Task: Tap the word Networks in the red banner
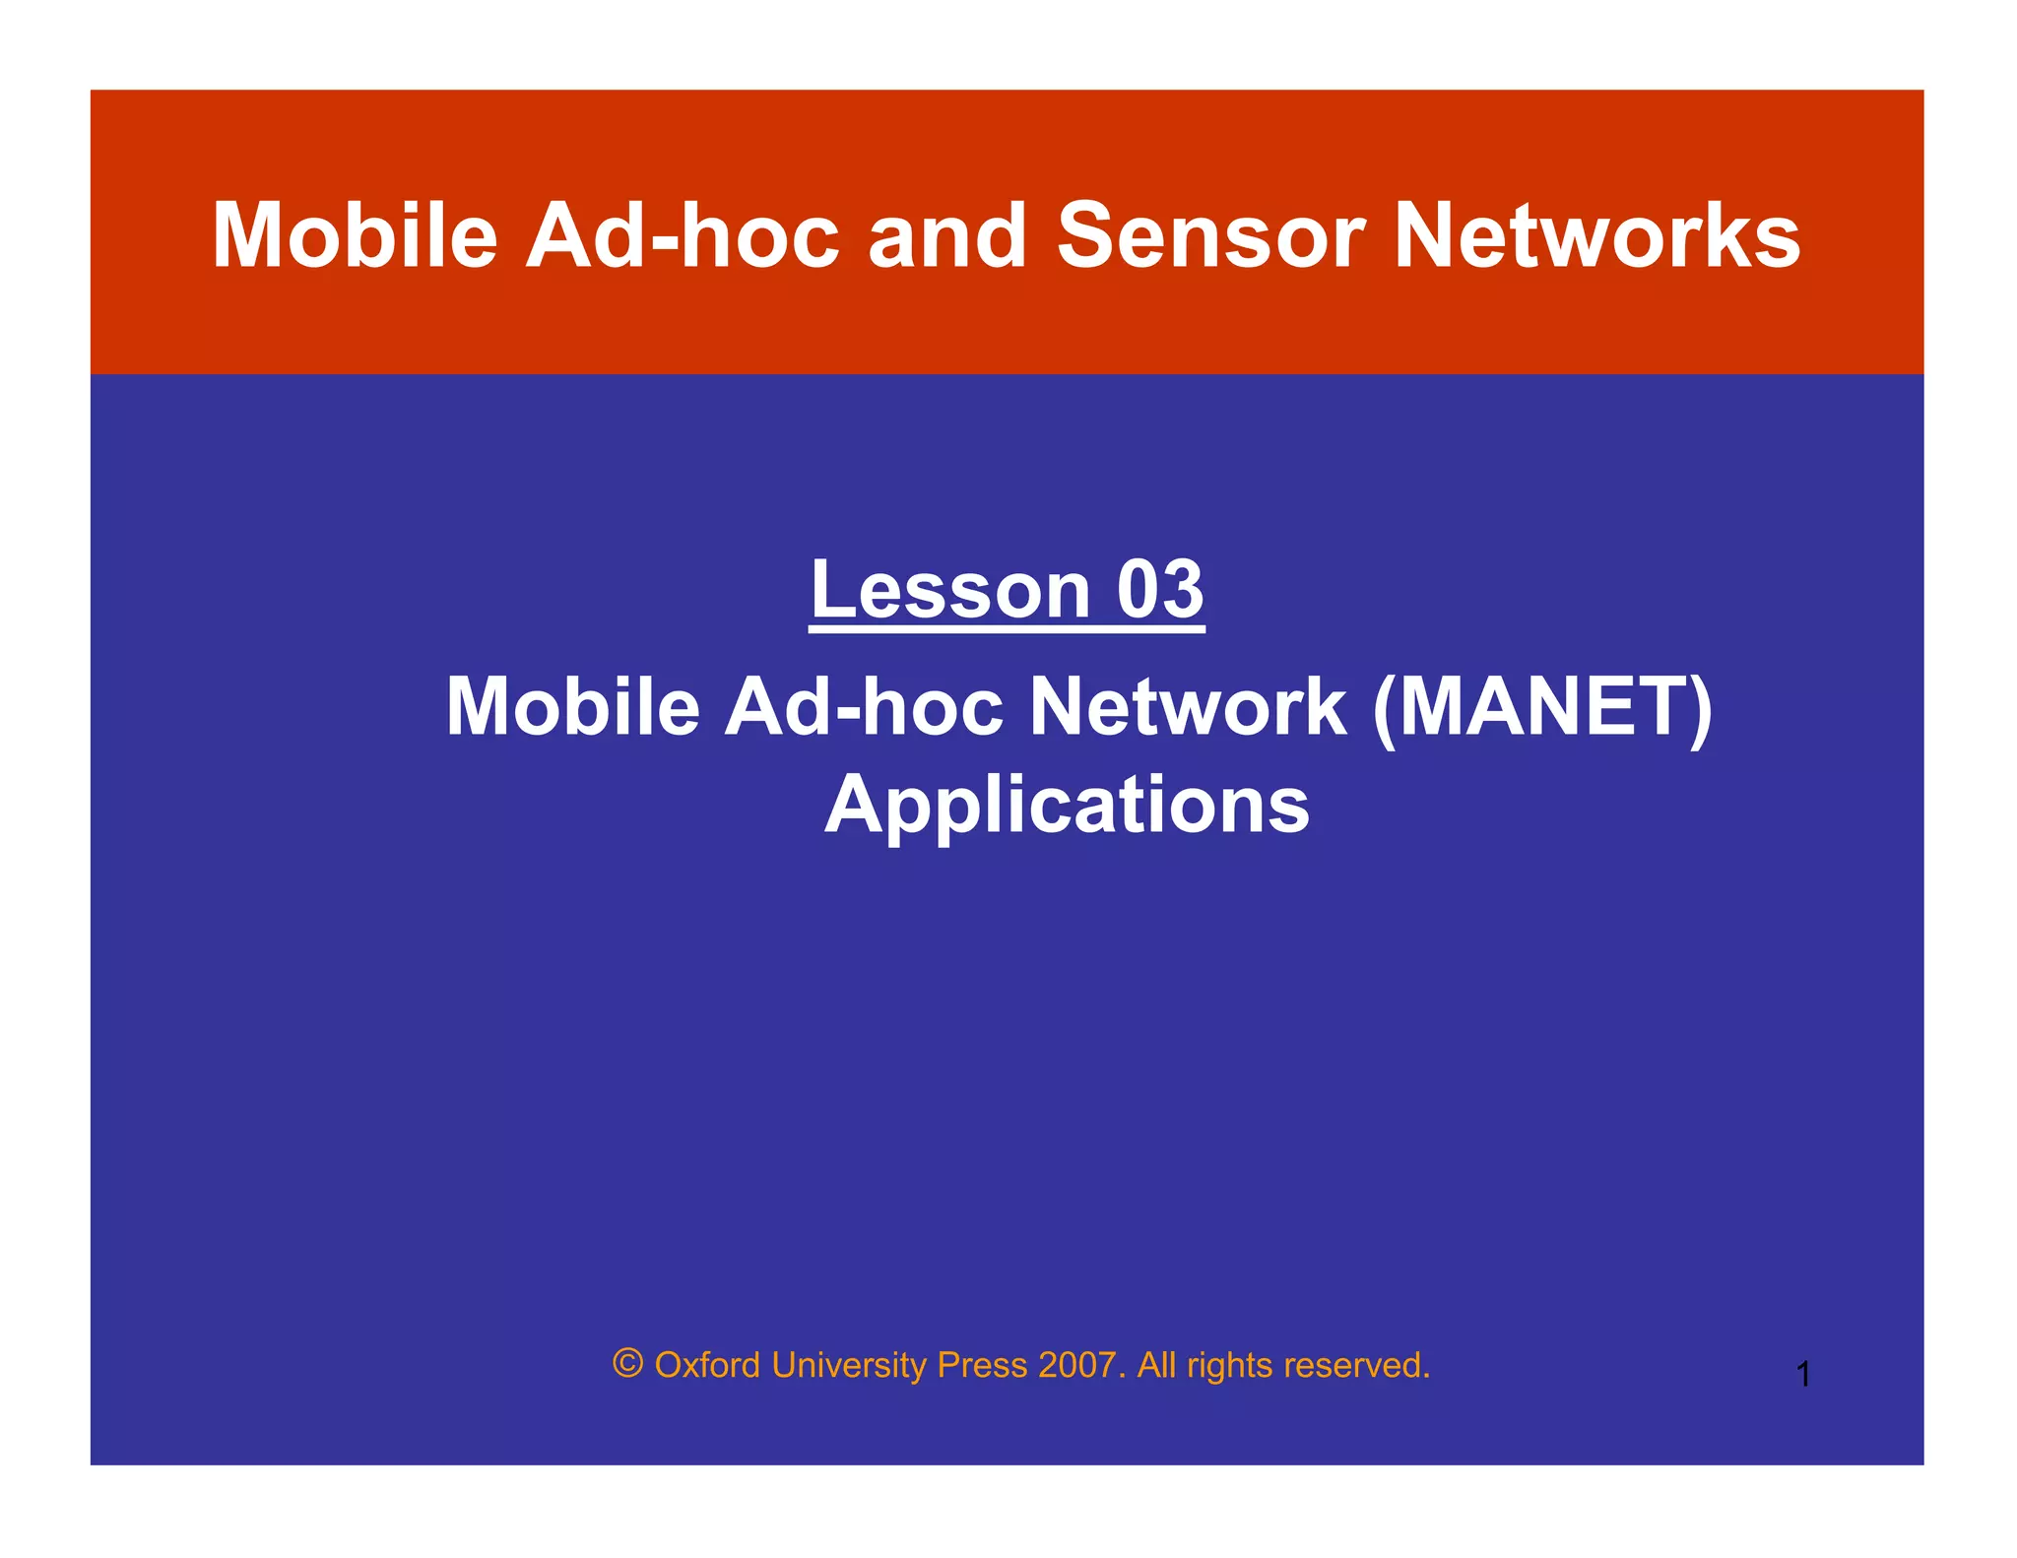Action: point(1597,236)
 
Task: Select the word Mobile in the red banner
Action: point(356,236)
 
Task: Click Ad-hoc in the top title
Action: point(682,236)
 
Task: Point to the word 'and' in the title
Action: point(947,236)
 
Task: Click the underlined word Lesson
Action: point(950,590)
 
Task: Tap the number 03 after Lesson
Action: point(1159,590)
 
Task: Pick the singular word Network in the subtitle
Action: point(1187,707)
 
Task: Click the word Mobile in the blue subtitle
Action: point(572,707)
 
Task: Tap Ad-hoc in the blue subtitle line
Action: point(864,707)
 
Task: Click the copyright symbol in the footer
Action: point(627,1364)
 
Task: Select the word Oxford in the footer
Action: point(707,1366)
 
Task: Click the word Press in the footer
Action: point(982,1366)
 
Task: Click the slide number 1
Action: point(1803,1375)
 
